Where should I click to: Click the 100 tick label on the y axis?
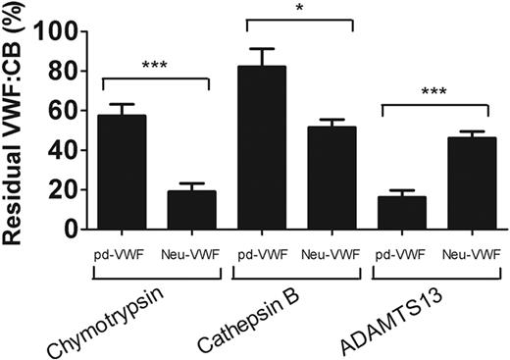pyautogui.click(x=59, y=31)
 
